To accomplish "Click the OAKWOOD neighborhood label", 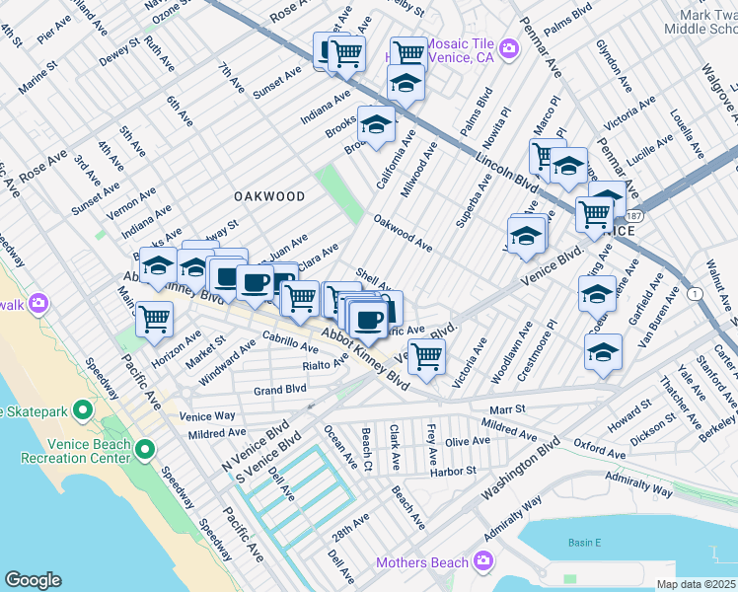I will point(269,196).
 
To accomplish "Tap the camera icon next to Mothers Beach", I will point(482,562).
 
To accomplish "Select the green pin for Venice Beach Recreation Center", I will point(145,451).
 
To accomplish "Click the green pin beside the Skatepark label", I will point(83,409).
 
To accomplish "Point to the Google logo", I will point(33,579).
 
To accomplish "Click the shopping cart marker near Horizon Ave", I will point(155,320).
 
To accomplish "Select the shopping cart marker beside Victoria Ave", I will point(426,356).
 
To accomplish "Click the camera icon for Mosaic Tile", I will point(509,47).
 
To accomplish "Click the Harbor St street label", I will point(454,471).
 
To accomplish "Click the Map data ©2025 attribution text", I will point(696,584).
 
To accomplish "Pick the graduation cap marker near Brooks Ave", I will point(376,125).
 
